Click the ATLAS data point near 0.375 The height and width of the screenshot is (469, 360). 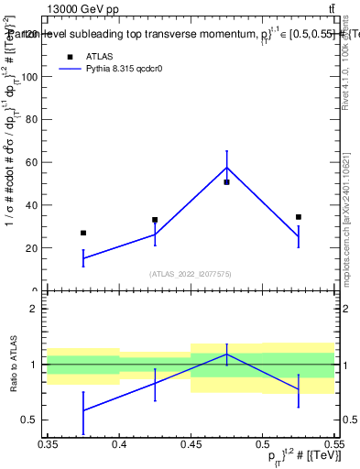[x=83, y=233]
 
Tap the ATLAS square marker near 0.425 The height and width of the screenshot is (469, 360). [x=155, y=220]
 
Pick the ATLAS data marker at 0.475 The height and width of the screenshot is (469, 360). [x=226, y=182]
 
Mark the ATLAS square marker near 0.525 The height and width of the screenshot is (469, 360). [x=299, y=217]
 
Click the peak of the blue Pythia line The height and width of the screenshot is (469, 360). [x=226, y=167]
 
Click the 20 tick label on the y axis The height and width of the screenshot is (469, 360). [x=34, y=248]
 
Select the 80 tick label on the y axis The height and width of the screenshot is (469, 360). [x=34, y=120]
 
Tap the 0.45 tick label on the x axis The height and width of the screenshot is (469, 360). [x=191, y=442]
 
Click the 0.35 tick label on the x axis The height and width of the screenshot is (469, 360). [x=48, y=442]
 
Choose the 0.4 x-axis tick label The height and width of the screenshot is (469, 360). [x=119, y=442]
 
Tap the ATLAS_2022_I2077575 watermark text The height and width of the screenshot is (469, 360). [x=191, y=273]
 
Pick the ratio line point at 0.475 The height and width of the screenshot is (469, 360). [x=226, y=354]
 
